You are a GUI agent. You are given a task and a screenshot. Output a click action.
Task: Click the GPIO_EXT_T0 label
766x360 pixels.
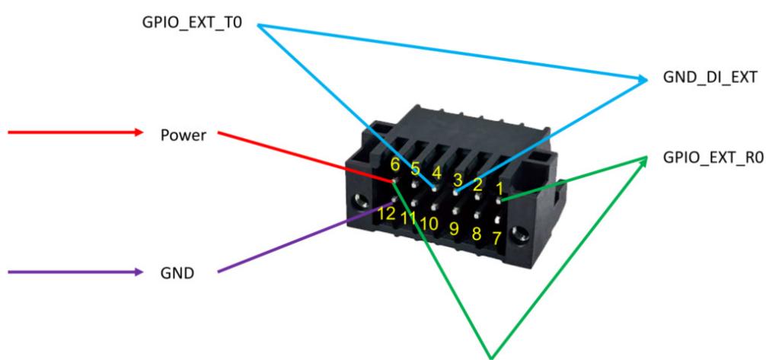[x=192, y=24]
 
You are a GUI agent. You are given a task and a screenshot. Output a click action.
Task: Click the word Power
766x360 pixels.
[x=184, y=135]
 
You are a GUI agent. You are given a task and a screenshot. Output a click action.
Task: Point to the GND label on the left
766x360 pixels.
[x=177, y=273]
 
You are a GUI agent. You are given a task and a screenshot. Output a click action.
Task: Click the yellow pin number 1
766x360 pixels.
[x=499, y=188]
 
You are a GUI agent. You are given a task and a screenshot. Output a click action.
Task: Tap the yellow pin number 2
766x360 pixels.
[x=477, y=185]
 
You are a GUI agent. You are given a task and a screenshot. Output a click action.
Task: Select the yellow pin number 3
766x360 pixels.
[x=458, y=180]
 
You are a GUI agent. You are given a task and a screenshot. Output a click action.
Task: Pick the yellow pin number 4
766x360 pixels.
[x=437, y=174]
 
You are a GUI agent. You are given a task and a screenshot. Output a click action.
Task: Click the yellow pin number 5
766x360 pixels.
[x=415, y=169]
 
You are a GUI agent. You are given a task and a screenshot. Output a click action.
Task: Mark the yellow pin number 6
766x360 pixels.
[x=394, y=164]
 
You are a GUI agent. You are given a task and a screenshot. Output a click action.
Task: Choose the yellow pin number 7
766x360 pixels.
[x=496, y=239]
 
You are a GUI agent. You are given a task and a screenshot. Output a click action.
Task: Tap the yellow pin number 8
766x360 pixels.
[x=477, y=234]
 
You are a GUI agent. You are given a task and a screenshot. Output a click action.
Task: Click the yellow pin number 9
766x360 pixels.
[x=455, y=228]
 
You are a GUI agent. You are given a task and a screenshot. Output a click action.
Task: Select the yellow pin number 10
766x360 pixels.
[x=429, y=223]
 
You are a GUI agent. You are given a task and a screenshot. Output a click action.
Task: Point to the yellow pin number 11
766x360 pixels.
[x=408, y=218]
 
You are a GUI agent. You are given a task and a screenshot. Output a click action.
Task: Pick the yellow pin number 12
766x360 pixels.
[x=387, y=213]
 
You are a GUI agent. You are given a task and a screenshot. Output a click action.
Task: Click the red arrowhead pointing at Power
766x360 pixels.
[x=139, y=132]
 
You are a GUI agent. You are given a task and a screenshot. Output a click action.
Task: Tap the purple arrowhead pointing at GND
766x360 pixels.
[x=139, y=272]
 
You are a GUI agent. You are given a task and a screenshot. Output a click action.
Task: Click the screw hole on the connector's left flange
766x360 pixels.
[x=362, y=199]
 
